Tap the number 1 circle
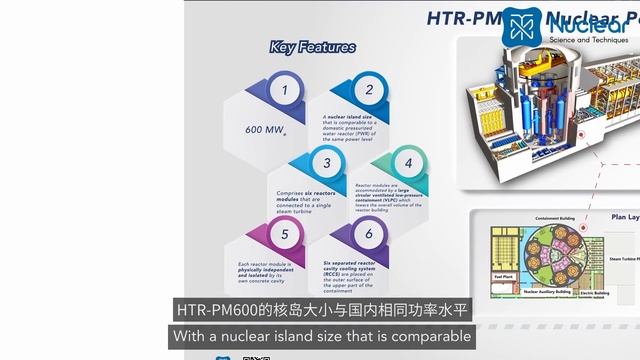click(x=284, y=94)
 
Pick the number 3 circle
click(x=327, y=162)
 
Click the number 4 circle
click(x=407, y=162)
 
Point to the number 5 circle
click(x=284, y=236)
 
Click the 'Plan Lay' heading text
click(x=625, y=215)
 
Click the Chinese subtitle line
click(x=320, y=310)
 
